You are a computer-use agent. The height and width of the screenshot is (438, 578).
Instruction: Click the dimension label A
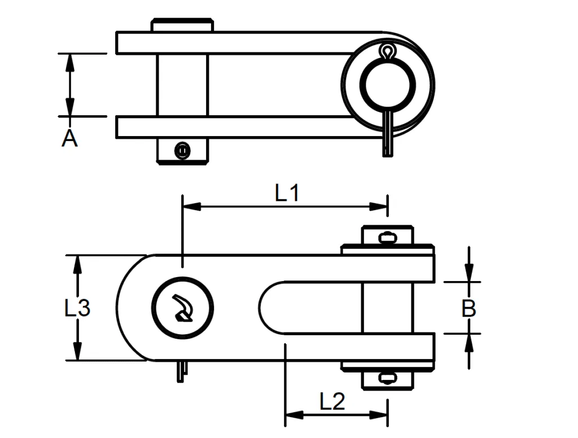tap(69, 138)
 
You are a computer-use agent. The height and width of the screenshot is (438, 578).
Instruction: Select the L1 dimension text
tap(287, 194)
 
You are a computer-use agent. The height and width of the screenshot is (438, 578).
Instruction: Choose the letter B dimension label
tap(468, 309)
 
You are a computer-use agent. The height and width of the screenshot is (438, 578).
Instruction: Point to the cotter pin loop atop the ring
tap(387, 51)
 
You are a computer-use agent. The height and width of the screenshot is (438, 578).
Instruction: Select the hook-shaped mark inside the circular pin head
tap(182, 308)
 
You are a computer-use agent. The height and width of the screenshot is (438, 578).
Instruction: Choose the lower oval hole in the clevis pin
tap(387, 378)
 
